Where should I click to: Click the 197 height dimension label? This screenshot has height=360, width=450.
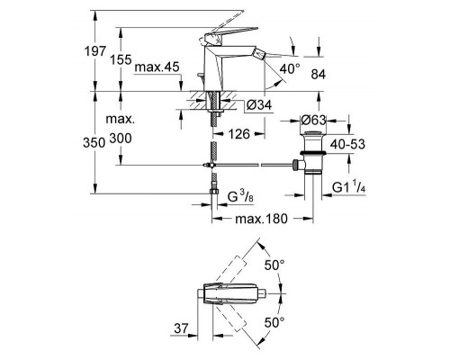click(x=94, y=51)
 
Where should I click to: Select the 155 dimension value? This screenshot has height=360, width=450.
click(x=121, y=60)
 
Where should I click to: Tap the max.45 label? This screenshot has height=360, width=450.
click(x=157, y=67)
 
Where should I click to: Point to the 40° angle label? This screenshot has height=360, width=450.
click(x=290, y=69)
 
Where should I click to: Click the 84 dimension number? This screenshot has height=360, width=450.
click(x=319, y=75)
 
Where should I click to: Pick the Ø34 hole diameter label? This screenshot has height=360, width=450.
click(x=259, y=105)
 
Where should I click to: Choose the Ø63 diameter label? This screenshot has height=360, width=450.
click(x=313, y=121)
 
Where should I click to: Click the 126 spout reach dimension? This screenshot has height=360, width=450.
click(x=238, y=134)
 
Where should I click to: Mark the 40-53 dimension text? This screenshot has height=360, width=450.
click(x=347, y=144)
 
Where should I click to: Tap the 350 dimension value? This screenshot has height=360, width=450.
click(x=94, y=143)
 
